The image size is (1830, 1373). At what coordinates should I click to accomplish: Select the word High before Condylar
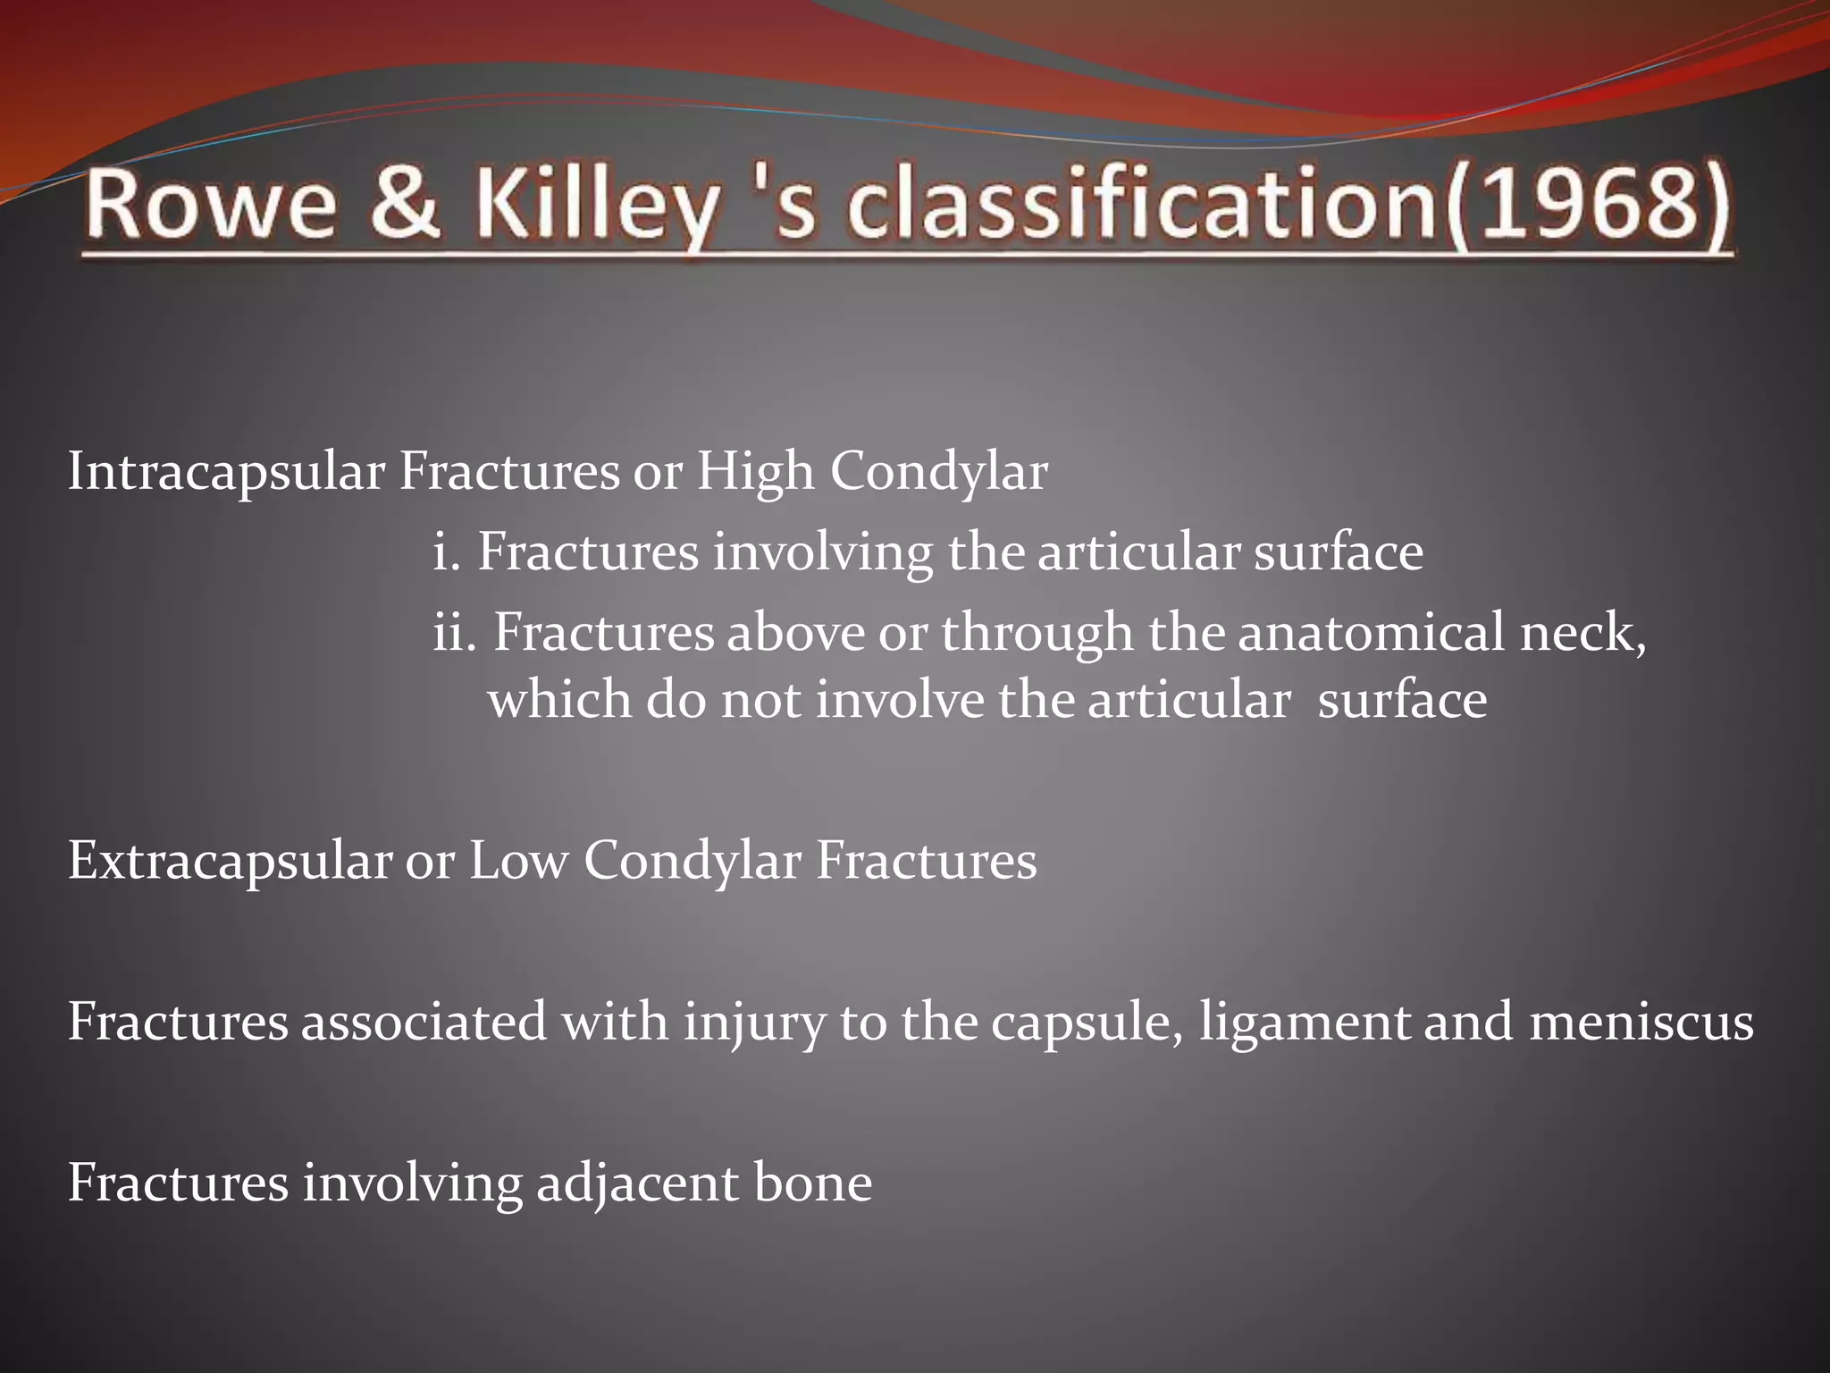coord(755,471)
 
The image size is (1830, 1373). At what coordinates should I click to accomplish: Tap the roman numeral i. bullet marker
coord(446,551)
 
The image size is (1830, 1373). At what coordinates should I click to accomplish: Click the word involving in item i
coord(822,552)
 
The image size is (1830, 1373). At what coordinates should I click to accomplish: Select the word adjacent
coord(637,1183)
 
